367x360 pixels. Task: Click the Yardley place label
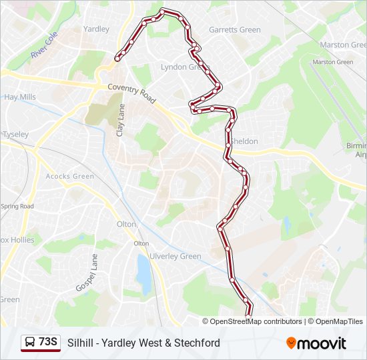96,29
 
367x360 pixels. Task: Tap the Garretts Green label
234,30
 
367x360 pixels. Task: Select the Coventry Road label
132,93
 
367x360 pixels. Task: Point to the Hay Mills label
20,97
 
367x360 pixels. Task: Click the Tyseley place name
15,134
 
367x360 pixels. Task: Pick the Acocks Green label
70,176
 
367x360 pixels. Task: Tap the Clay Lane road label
121,120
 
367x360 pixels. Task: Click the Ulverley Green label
175,256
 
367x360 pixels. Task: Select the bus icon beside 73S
30,343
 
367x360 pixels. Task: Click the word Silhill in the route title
80,343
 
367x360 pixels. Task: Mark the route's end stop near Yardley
117,59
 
